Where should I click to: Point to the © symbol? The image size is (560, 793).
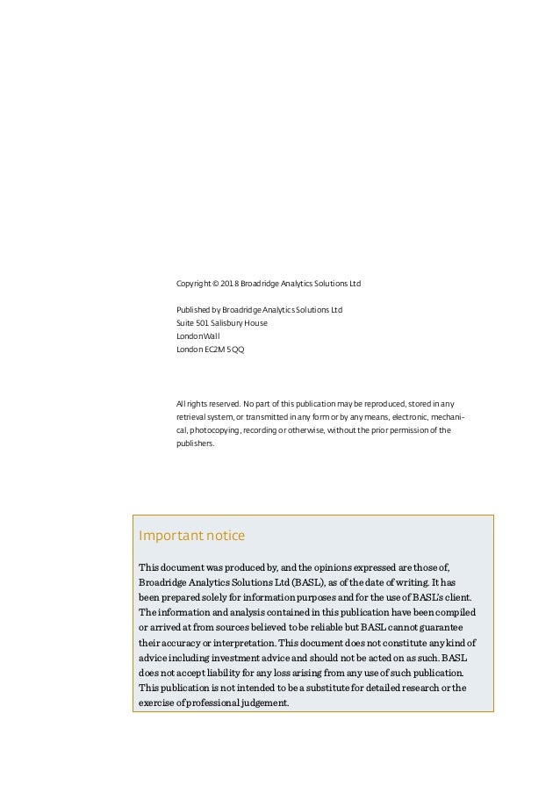217,285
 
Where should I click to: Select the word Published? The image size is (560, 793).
194,310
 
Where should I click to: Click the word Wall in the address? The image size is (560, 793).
211,336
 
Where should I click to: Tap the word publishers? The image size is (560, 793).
195,443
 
